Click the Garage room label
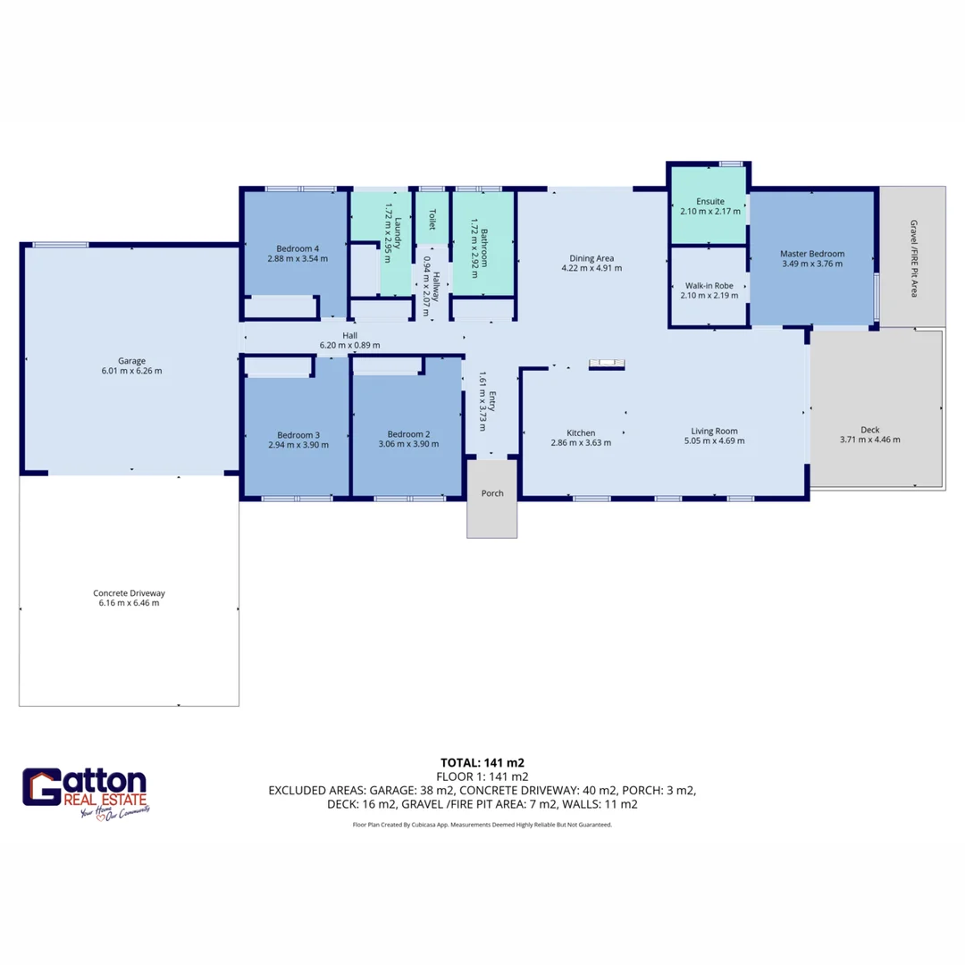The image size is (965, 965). [x=132, y=361]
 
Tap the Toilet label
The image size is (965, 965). [x=432, y=219]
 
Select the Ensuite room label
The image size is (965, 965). [x=710, y=201]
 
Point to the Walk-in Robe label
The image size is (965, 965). [x=710, y=286]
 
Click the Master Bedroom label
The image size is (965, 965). [x=812, y=254]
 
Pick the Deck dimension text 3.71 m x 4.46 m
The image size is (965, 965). [x=869, y=440]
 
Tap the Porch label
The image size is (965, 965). [x=492, y=493]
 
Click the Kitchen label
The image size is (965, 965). [x=581, y=432]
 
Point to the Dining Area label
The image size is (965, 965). [x=592, y=258]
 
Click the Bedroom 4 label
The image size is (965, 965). [x=297, y=248]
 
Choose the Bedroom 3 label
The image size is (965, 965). [x=298, y=434]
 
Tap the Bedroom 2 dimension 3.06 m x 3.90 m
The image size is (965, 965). [x=408, y=444]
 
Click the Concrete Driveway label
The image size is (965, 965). [x=129, y=593]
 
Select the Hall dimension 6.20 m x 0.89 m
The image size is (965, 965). [x=349, y=345]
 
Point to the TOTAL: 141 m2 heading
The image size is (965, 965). [x=482, y=763]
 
